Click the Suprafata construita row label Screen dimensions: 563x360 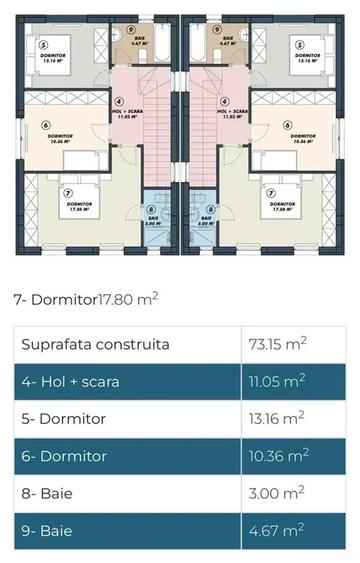[x=95, y=345]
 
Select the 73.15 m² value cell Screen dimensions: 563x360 [x=277, y=345]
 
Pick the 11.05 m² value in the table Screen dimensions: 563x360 [x=276, y=382]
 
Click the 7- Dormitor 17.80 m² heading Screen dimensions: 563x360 [x=86, y=298]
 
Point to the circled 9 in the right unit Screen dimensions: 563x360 [x=216, y=17]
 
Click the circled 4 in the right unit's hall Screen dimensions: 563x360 [x=224, y=101]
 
